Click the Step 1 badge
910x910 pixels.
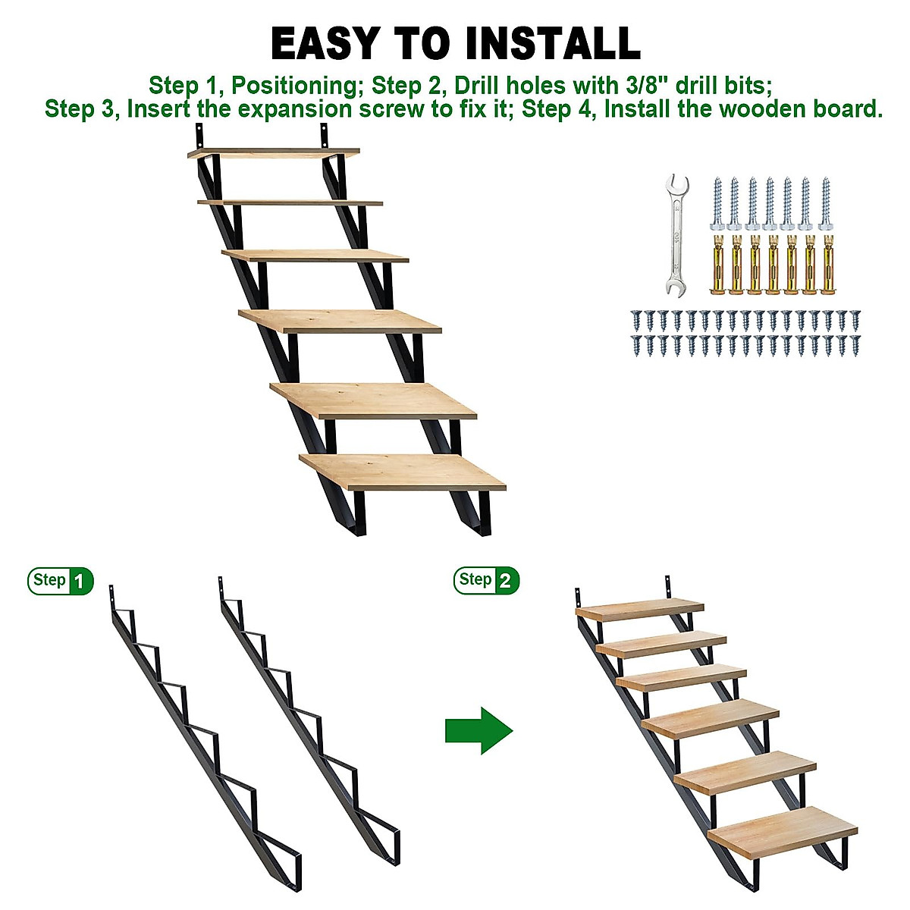61,581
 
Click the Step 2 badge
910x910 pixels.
487,580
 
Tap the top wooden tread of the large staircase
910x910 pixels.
274,153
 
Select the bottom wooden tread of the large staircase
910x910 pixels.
402,471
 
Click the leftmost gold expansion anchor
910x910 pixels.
717,265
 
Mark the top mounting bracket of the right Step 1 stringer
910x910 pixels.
221,585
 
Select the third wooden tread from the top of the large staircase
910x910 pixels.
315,256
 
